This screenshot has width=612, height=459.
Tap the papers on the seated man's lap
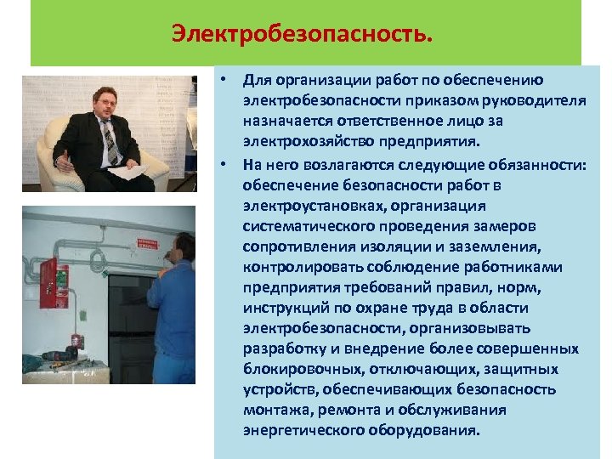pos(128,173)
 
